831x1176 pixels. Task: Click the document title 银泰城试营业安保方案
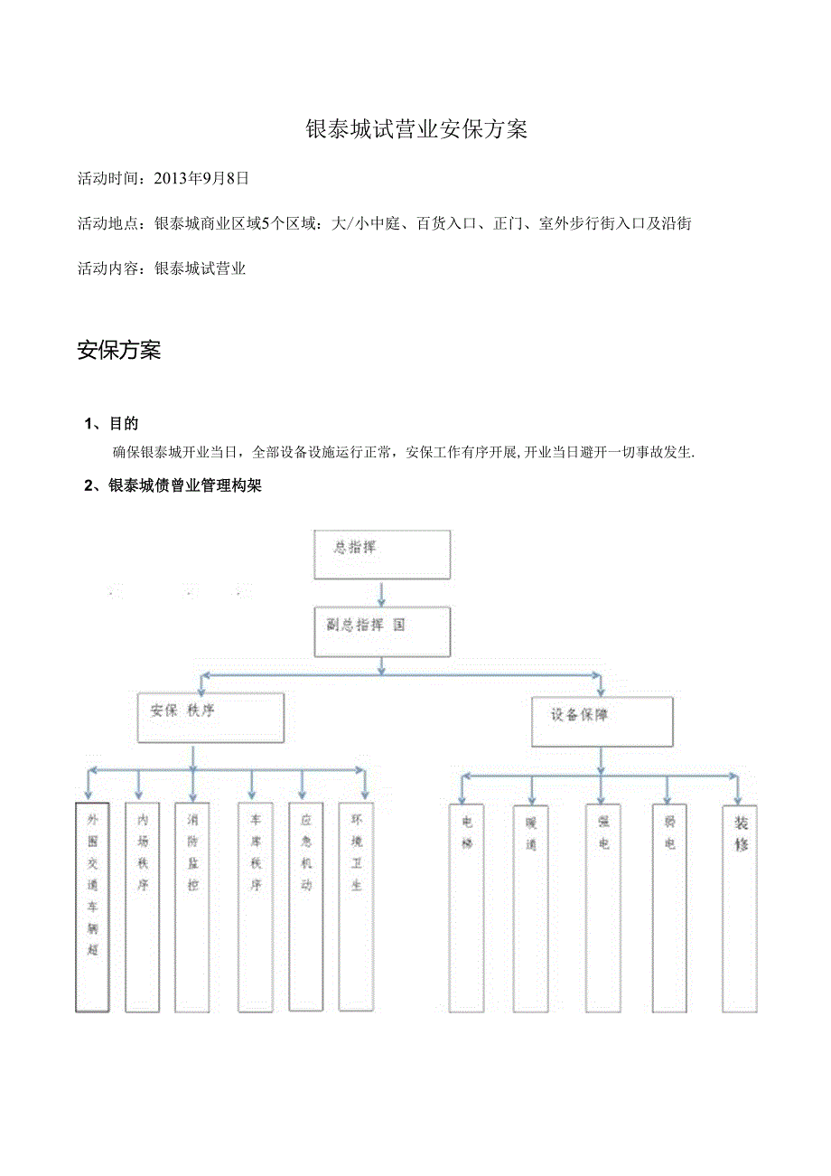tap(416, 129)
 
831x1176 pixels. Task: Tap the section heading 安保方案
tap(119, 351)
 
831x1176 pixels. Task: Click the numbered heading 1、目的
tap(111, 423)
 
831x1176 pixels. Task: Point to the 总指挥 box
tap(381, 554)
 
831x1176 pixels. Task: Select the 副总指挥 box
tap(381, 631)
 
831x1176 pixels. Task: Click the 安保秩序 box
tap(210, 718)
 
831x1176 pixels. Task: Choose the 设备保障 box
tap(602, 721)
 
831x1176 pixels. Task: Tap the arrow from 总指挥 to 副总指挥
tap(382, 593)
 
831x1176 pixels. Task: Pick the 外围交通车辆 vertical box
tap(92, 907)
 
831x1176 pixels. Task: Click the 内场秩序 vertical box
tap(143, 907)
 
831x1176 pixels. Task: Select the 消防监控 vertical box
tap(192, 907)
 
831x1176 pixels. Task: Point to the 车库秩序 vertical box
tap(256, 907)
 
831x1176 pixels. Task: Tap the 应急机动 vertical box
tap(306, 907)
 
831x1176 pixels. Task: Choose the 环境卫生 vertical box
tap(356, 907)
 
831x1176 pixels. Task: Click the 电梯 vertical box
tap(466, 907)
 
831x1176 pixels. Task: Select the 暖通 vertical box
tap(530, 907)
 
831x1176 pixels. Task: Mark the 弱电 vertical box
tap(669, 907)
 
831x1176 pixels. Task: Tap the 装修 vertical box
tap(740, 907)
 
